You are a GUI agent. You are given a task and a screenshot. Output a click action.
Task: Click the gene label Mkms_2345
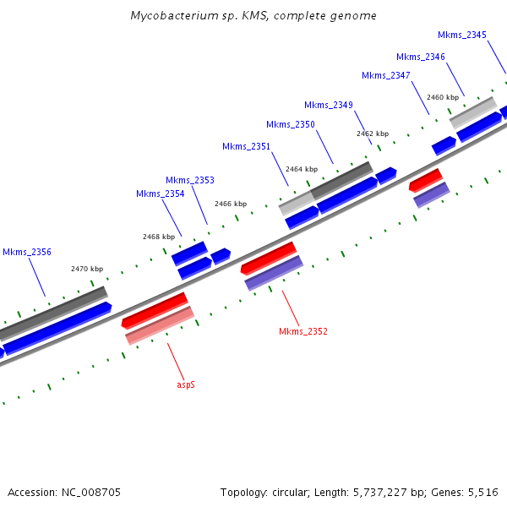pyautogui.click(x=461, y=35)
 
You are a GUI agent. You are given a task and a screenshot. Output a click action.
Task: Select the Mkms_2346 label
pyautogui.click(x=420, y=57)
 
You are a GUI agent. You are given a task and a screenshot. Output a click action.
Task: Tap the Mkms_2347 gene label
pyautogui.click(x=385, y=75)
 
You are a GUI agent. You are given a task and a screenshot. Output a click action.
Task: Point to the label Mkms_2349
pyautogui.click(x=328, y=105)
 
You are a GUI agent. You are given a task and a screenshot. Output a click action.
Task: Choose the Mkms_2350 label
pyautogui.click(x=290, y=124)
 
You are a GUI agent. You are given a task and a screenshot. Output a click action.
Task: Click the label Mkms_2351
pyautogui.click(x=246, y=146)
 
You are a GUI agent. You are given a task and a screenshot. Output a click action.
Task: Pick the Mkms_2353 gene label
pyautogui.click(x=189, y=180)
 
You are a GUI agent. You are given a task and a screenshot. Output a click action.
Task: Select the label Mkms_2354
pyautogui.click(x=160, y=194)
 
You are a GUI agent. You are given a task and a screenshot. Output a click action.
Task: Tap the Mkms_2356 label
pyautogui.click(x=26, y=252)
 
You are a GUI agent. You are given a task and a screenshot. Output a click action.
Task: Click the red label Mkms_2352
pyautogui.click(x=303, y=331)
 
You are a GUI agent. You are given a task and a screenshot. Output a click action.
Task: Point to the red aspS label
pyautogui.click(x=185, y=384)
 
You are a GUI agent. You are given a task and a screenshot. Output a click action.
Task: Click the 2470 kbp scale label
pyautogui.click(x=86, y=269)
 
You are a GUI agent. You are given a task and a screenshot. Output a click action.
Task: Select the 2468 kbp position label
pyautogui.click(x=158, y=237)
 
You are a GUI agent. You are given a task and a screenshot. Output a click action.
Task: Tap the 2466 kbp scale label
pyautogui.click(x=230, y=204)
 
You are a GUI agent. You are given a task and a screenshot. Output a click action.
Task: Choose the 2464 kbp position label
pyautogui.click(x=302, y=169)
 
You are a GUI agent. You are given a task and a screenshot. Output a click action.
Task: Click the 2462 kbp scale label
pyautogui.click(x=372, y=134)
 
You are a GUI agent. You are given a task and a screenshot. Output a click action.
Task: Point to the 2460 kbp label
pyautogui.click(x=442, y=98)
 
